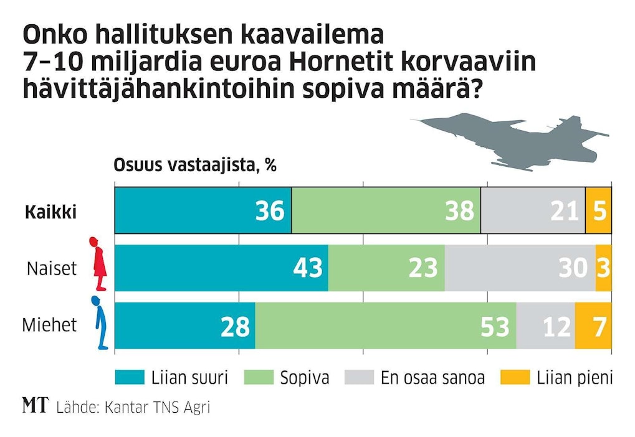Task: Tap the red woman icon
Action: coord(97,264)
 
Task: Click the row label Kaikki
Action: coord(50,212)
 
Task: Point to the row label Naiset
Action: coord(52,268)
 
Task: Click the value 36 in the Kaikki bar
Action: coord(270,211)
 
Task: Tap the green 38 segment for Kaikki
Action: coord(386,211)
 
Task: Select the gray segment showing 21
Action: coord(533,211)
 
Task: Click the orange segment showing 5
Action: coord(598,211)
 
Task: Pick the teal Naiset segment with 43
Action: coord(221,268)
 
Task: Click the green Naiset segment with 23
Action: coord(386,268)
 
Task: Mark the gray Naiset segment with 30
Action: coord(520,268)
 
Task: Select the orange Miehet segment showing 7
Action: coord(593,326)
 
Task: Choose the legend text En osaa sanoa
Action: coord(432,378)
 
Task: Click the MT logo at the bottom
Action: coord(35,407)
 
